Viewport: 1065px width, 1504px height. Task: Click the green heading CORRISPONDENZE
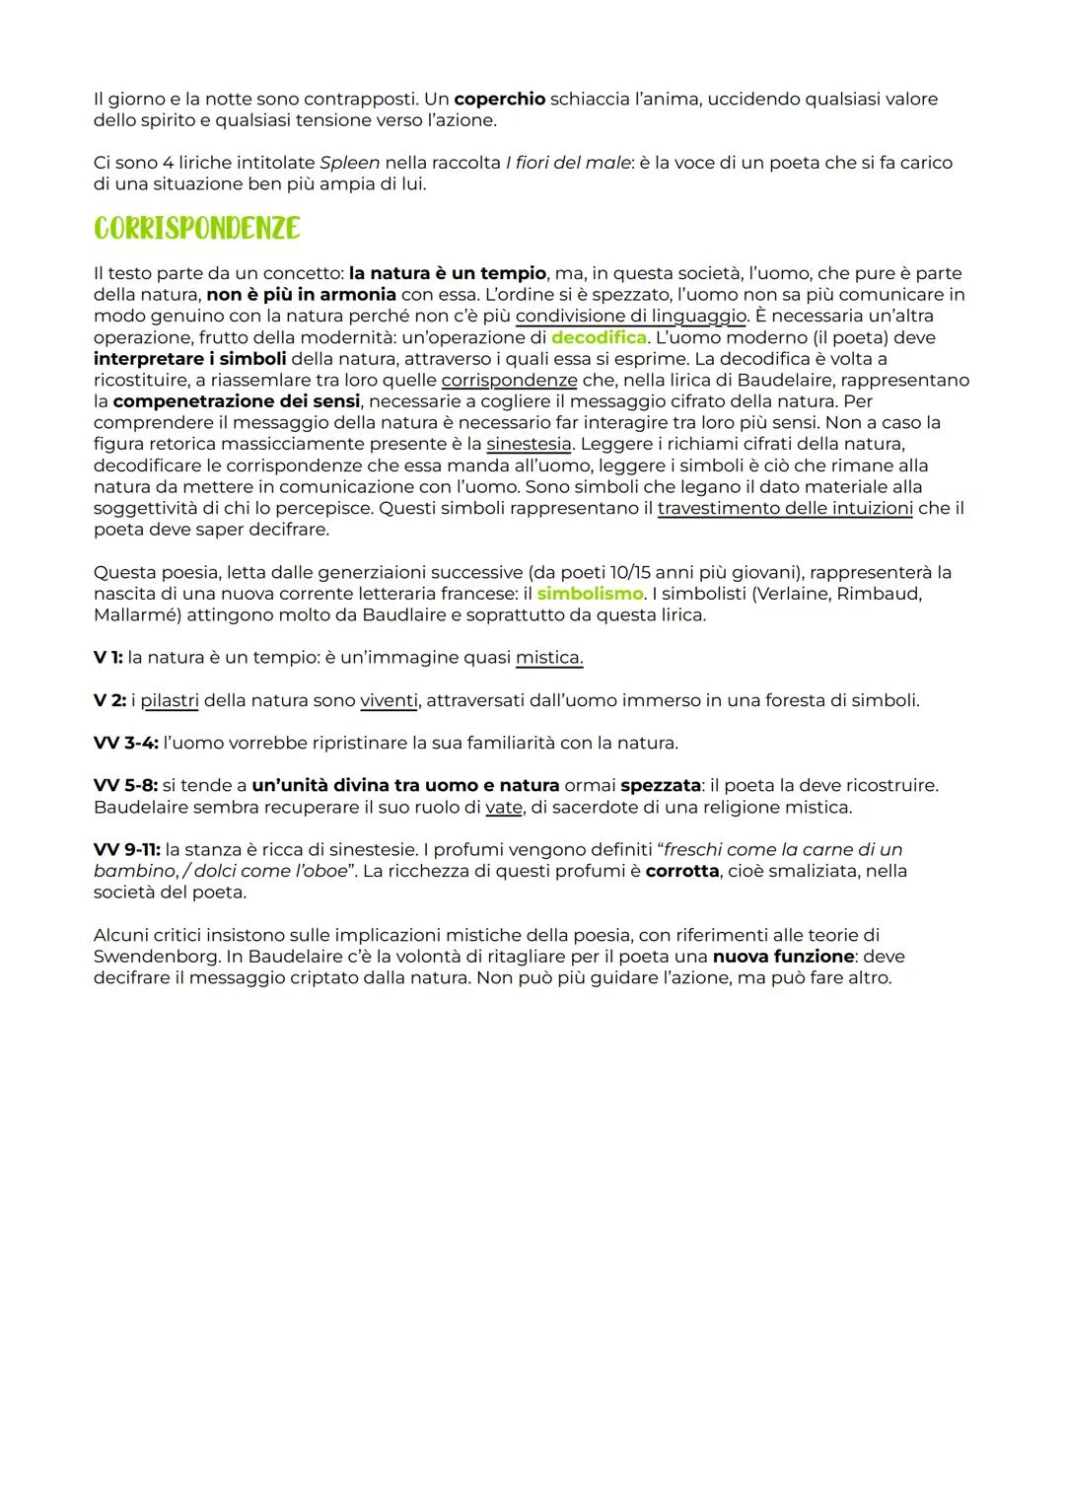coord(196,228)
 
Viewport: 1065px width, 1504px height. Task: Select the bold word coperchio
coord(499,100)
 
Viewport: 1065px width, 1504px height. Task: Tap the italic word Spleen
coord(349,163)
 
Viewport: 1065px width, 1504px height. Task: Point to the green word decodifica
coord(599,337)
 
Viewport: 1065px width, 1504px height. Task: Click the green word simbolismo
coord(590,594)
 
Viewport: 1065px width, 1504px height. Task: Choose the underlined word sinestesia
coord(529,444)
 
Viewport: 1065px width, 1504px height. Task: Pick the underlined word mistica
coord(549,658)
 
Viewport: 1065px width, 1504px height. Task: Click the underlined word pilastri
coord(170,700)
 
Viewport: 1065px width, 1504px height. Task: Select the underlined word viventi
coord(389,700)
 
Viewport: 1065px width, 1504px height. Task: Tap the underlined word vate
coord(503,808)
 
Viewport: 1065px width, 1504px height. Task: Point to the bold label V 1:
coord(108,658)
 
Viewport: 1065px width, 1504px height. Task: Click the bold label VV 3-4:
coord(125,743)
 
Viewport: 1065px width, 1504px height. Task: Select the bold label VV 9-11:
coord(126,850)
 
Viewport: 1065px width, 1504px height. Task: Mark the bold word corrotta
coord(681,872)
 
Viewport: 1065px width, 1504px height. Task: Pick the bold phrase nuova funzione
coord(783,957)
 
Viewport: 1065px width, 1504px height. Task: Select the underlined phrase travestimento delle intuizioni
coord(785,508)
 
